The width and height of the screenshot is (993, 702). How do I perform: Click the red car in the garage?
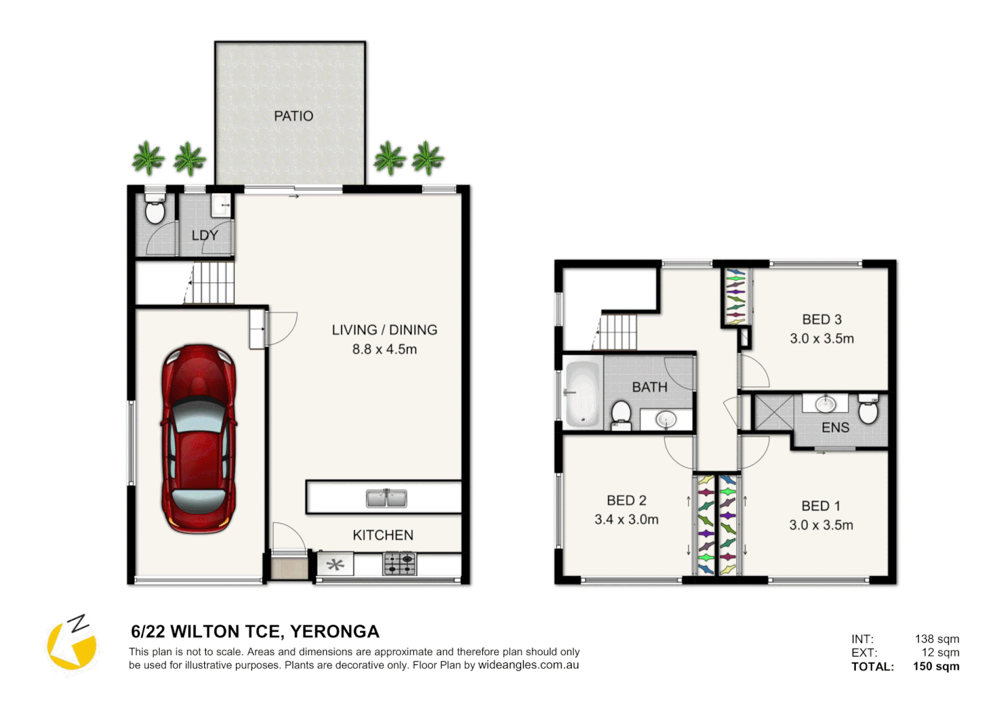tap(199, 439)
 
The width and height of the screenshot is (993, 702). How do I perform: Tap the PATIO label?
tap(294, 116)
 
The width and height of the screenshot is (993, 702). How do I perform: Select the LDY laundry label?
tap(205, 235)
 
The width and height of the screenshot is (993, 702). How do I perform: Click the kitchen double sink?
tap(386, 497)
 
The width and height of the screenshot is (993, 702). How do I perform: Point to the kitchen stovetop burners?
tap(400, 563)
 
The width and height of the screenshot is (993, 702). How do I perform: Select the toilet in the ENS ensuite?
tap(868, 408)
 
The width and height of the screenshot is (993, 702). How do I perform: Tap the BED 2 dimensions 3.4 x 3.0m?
tap(626, 519)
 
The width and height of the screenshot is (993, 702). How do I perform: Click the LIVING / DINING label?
tap(384, 330)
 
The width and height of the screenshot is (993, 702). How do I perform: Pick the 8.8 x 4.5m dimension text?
tap(384, 350)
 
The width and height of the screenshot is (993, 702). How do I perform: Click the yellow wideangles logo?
tap(72, 643)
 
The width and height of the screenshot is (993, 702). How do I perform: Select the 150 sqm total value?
tap(936, 666)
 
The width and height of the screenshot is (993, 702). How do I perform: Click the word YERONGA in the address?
tap(335, 632)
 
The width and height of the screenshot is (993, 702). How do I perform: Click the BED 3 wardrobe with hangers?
tap(736, 296)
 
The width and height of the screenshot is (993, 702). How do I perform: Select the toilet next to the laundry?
tap(155, 208)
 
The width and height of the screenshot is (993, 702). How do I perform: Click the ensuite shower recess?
tap(774, 412)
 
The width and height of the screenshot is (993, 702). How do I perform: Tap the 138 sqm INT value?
tap(936, 639)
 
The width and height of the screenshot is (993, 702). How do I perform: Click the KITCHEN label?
tap(383, 535)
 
